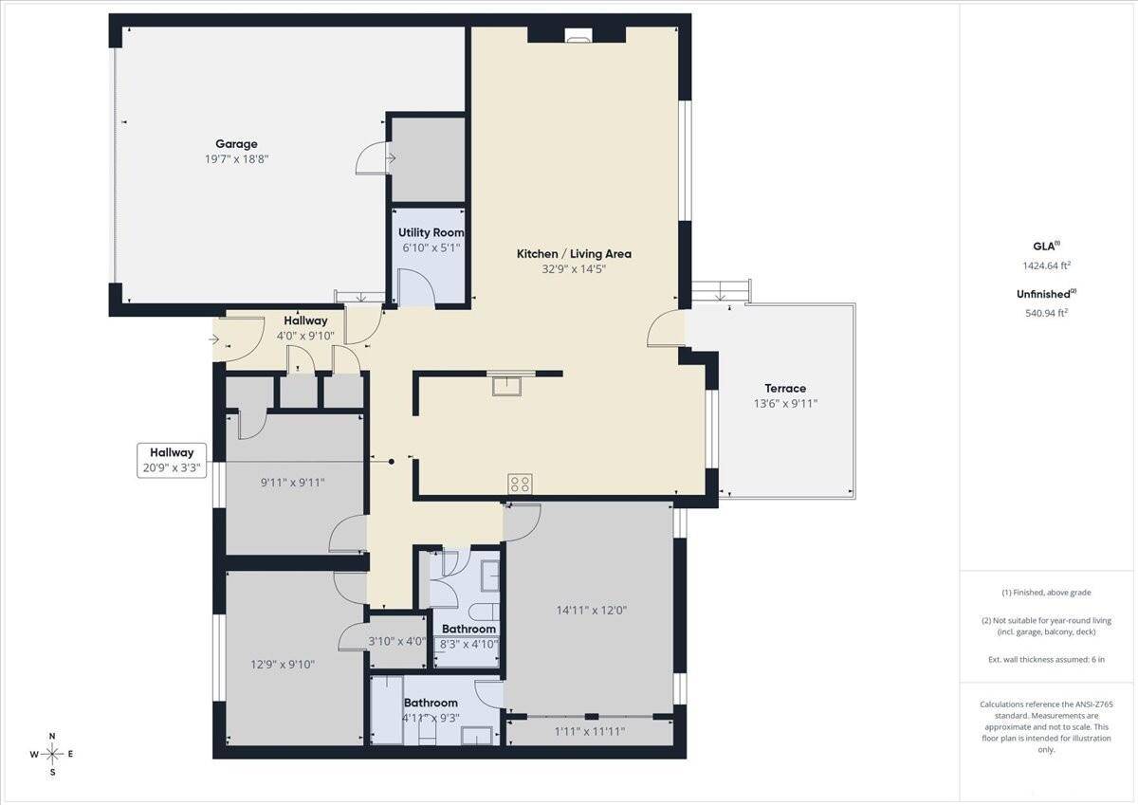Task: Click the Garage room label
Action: tap(236, 144)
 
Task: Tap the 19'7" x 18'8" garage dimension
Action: tap(236, 159)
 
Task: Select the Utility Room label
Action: tap(431, 232)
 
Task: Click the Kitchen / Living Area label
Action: tap(574, 254)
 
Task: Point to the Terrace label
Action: tap(785, 389)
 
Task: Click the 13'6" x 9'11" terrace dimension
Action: tap(785, 404)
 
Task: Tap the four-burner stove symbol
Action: tap(520, 484)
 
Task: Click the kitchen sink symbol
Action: tap(506, 386)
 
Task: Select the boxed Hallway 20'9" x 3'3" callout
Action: tap(172, 460)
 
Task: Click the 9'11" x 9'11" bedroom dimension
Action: tap(293, 483)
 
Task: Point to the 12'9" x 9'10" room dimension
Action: tap(283, 665)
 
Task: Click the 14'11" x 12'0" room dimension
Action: tap(592, 610)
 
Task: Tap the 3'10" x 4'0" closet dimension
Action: tap(397, 642)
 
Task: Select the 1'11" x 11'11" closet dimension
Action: tap(589, 731)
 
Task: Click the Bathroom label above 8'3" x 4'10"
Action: tap(468, 630)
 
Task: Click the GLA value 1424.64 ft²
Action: tap(1047, 265)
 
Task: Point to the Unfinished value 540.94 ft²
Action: tap(1047, 313)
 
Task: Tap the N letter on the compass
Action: tap(52, 737)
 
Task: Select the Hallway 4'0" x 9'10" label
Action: tap(305, 328)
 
